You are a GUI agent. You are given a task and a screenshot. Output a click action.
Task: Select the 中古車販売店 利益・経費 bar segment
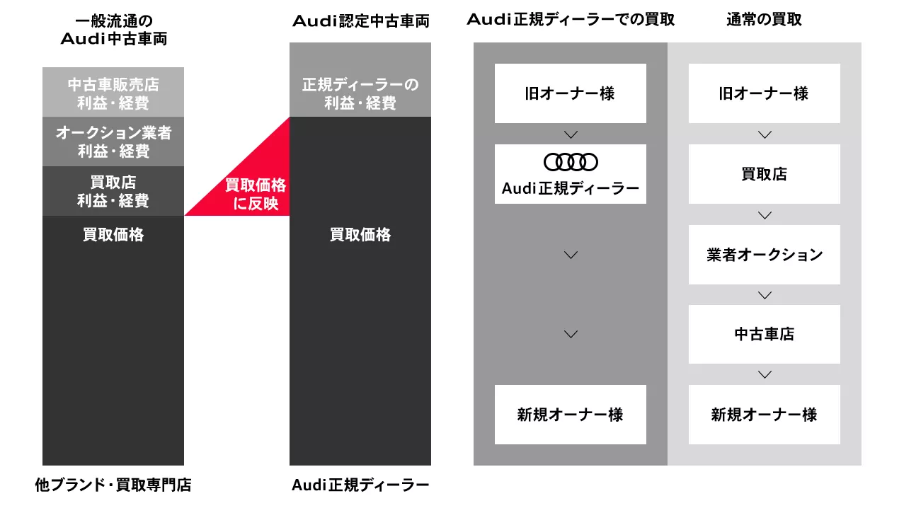click(x=113, y=92)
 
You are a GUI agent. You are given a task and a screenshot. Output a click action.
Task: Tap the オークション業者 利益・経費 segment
click(x=113, y=142)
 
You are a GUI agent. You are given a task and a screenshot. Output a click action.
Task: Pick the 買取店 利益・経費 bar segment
click(x=113, y=191)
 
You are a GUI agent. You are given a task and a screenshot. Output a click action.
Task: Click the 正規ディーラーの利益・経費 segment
click(x=360, y=80)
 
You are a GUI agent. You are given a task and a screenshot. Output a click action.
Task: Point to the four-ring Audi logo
click(x=571, y=162)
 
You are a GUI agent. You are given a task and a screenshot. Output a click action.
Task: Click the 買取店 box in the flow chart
click(x=765, y=174)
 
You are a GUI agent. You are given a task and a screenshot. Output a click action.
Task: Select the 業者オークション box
click(x=765, y=255)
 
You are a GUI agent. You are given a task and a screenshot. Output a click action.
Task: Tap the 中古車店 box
click(x=765, y=334)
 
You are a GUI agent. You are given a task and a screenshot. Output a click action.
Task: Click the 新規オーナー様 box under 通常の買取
click(x=765, y=415)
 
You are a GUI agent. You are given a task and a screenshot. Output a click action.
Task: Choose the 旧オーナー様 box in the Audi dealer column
click(x=571, y=93)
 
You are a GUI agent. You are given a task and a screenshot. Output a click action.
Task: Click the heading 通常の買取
click(x=764, y=19)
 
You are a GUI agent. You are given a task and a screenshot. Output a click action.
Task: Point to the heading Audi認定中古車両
click(x=361, y=21)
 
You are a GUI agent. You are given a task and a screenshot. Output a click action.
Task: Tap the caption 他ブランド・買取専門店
click(x=113, y=485)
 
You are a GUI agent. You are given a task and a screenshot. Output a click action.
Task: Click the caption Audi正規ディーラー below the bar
click(x=360, y=485)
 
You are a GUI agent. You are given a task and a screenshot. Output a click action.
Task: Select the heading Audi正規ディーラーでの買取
click(x=571, y=19)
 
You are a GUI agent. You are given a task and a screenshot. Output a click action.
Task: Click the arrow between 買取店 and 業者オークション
click(x=765, y=216)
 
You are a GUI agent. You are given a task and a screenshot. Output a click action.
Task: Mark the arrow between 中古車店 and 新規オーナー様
click(x=765, y=375)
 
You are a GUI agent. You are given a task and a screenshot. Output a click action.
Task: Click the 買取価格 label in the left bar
click(x=113, y=234)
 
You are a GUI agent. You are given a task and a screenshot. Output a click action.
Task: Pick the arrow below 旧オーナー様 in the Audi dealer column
click(x=571, y=134)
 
